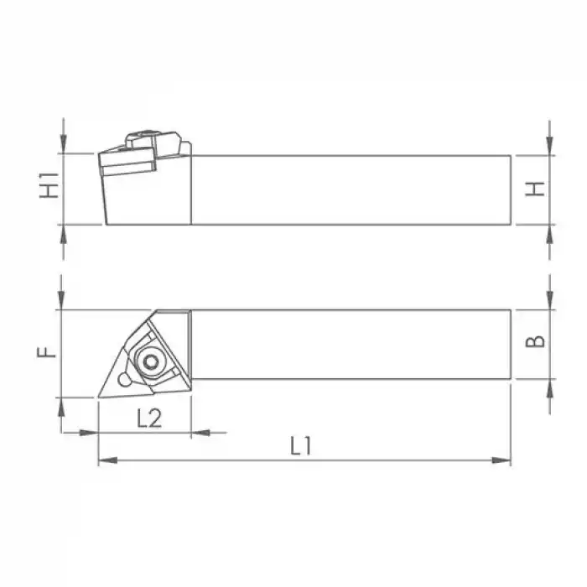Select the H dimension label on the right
538,189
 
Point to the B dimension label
538,341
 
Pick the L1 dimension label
301,447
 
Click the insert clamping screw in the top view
151,361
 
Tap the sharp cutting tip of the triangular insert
100,396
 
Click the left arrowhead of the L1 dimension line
106,460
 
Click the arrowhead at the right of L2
199,433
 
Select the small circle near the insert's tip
125,381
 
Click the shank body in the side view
352,190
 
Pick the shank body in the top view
352,345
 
